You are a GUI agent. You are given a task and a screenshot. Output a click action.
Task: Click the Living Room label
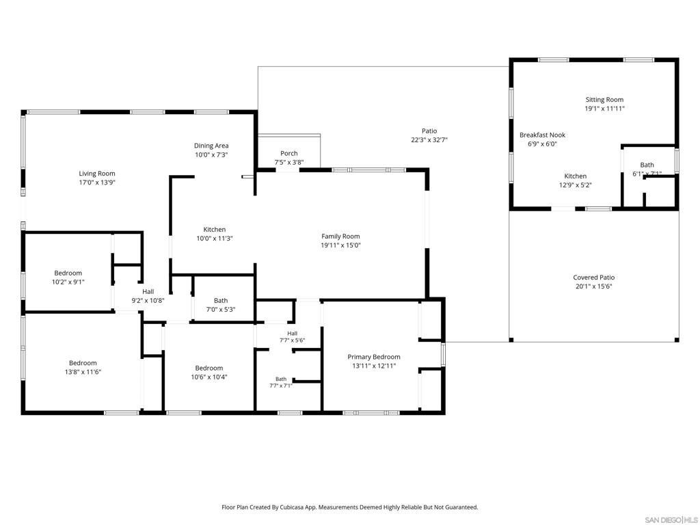coord(97,174)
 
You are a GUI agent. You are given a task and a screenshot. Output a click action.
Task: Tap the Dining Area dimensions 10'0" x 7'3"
coord(211,155)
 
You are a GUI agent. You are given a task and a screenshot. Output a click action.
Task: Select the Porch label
coord(289,154)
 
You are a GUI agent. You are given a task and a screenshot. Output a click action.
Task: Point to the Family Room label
coord(340,237)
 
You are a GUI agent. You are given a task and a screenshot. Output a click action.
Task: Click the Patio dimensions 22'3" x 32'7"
coord(429,139)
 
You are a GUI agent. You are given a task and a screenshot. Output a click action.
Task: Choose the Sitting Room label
coord(604,100)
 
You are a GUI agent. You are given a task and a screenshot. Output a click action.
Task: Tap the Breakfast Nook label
coord(542,135)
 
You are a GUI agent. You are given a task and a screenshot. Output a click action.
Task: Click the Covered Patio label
coord(594,278)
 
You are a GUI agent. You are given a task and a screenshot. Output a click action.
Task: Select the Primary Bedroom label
coord(374,357)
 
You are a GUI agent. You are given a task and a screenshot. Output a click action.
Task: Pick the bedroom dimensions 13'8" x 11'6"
coord(83,372)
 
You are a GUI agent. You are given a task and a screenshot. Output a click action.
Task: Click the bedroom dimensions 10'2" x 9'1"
coord(68,282)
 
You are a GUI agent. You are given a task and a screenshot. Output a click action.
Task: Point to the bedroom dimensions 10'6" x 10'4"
coord(209,377)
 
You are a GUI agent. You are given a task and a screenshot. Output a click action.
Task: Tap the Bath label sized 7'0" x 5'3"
coord(221,301)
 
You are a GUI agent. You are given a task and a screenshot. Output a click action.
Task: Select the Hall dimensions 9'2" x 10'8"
coord(148,301)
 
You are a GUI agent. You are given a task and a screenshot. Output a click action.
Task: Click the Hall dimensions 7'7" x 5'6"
coord(293,340)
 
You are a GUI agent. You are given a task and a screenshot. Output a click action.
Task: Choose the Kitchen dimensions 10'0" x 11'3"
coord(215,239)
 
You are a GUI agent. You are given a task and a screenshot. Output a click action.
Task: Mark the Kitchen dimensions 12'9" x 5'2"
coord(576,185)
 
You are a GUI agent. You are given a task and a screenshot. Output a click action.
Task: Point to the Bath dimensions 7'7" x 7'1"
coord(281,386)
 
